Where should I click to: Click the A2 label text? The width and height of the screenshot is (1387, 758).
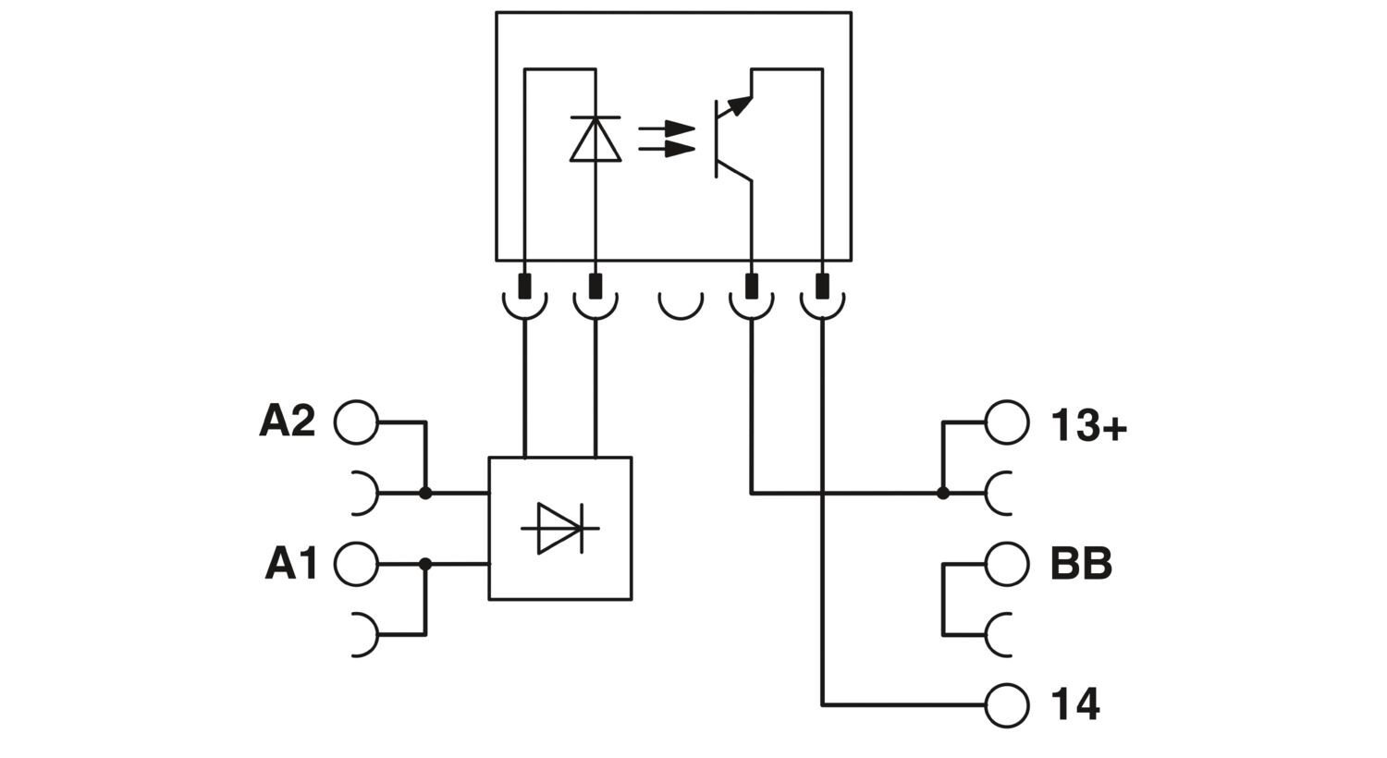point(287,422)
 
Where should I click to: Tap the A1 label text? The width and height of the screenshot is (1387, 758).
point(291,564)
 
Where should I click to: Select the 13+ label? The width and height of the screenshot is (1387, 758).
point(1088,426)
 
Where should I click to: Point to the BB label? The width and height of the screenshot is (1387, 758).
point(1081,563)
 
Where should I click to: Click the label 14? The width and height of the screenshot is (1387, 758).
point(1075,705)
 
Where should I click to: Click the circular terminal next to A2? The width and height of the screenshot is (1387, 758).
point(356,422)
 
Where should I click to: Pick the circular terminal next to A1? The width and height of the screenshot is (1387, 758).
point(356,564)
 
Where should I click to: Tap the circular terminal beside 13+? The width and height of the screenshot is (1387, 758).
point(1007,423)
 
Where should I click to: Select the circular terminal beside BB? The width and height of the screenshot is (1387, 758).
point(1007,564)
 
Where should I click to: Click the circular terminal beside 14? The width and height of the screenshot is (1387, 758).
point(1007,705)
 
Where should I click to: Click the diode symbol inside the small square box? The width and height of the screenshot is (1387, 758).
point(559,529)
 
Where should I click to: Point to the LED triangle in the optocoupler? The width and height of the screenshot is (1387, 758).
point(595,141)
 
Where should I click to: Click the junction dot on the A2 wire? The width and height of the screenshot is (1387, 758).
point(425,494)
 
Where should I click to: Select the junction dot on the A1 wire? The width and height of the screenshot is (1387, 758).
point(425,564)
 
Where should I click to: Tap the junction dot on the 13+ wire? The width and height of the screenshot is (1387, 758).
point(942,494)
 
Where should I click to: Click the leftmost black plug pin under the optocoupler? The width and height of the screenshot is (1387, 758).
point(524,286)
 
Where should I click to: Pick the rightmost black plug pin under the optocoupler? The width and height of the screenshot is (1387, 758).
point(822,286)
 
